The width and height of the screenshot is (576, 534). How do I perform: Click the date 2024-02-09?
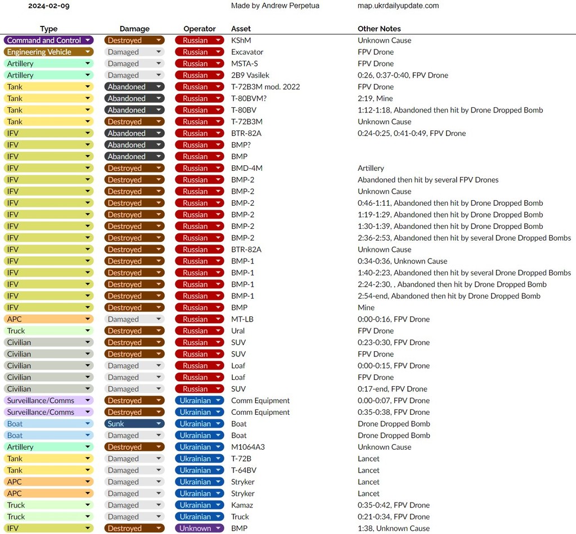coord(49,6)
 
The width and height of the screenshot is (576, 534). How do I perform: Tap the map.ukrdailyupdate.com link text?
coord(398,6)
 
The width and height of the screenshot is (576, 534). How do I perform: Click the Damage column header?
coord(134,29)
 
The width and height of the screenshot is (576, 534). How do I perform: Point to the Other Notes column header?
coord(379,29)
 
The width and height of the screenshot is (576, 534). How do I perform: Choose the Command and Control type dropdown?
coord(49,40)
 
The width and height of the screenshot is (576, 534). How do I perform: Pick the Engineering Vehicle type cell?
coord(49,52)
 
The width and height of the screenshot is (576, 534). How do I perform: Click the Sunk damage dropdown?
coord(134,424)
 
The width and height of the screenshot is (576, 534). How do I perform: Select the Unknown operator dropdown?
coord(199,528)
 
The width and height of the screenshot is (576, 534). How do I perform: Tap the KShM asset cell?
coord(242,40)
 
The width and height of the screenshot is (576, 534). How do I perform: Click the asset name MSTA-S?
coord(245,64)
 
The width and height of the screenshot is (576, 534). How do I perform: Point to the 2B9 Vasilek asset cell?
coord(250,75)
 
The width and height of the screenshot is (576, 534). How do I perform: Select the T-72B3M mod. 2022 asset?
coord(265,87)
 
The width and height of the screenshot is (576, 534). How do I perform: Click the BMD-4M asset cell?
coord(247,168)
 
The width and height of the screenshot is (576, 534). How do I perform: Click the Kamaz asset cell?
coord(242,505)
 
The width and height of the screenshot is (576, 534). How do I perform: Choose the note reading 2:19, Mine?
coord(375,98)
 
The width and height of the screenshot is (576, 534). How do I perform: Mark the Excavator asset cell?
coord(247,52)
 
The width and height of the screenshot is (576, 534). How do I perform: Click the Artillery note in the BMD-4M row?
coord(371,168)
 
